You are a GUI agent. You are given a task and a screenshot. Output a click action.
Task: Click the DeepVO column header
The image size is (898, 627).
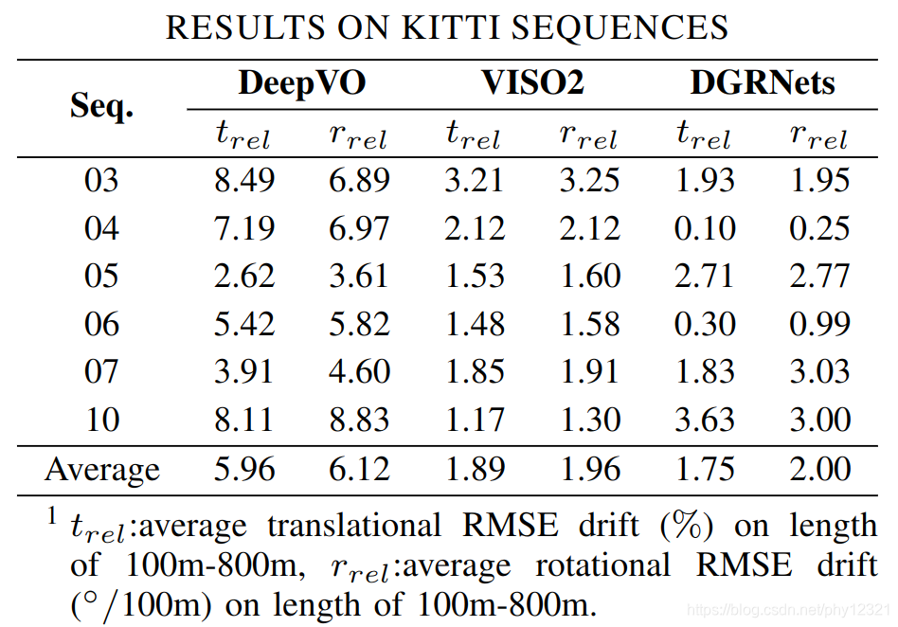(x=302, y=83)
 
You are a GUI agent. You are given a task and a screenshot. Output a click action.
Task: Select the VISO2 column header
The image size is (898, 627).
(x=532, y=82)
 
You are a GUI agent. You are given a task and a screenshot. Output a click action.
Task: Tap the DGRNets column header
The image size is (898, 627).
(x=763, y=82)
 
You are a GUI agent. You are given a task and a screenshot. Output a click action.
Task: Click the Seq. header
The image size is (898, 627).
(x=101, y=106)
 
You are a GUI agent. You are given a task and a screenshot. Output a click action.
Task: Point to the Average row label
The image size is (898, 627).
(x=102, y=470)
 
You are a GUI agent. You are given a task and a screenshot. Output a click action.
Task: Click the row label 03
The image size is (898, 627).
(x=101, y=180)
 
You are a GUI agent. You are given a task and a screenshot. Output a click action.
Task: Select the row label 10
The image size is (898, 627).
(x=102, y=420)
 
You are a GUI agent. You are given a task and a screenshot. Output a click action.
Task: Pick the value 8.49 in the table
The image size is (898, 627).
(x=244, y=180)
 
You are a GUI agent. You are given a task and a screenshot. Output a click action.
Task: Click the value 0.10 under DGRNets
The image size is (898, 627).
(x=705, y=228)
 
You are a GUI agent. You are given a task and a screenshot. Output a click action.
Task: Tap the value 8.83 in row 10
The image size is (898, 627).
(x=359, y=420)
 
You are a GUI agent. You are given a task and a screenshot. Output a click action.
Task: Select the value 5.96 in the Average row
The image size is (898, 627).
(x=244, y=469)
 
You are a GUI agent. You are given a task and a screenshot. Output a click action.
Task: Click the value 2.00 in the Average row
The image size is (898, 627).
(x=819, y=469)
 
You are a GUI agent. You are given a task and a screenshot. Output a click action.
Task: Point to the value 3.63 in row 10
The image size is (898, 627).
(x=705, y=420)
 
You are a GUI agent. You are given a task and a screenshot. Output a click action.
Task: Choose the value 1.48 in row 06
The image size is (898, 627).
(x=475, y=324)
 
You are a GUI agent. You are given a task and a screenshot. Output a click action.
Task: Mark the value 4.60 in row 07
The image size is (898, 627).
(x=359, y=371)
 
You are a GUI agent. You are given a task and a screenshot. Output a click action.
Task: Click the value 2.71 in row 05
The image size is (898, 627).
(x=704, y=276)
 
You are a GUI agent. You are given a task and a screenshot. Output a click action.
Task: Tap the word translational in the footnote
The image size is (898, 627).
(x=354, y=525)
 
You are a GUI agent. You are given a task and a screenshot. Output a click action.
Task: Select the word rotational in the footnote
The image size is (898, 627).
(x=602, y=565)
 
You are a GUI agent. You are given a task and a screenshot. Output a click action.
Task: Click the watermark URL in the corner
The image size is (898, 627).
(x=788, y=609)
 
